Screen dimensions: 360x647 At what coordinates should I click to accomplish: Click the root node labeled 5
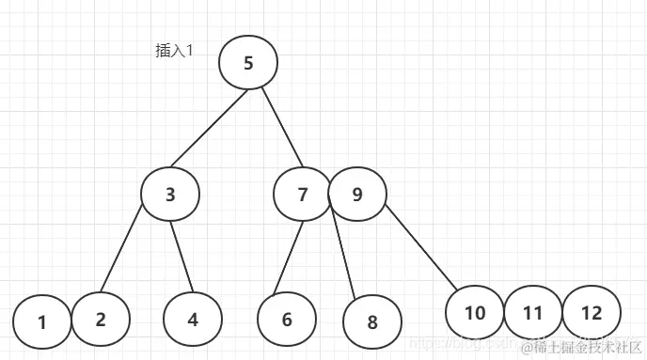248,63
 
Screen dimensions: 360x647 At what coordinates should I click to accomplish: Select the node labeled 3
170,195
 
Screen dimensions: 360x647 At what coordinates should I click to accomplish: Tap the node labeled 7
302,195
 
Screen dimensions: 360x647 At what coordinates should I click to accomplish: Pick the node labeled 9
356,195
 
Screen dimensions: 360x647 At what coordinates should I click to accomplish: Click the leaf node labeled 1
42,322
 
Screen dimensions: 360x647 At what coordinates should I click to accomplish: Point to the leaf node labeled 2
100,317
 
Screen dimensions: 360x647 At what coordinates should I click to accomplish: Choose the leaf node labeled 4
192,319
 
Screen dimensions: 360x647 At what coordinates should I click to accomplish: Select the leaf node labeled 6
287,319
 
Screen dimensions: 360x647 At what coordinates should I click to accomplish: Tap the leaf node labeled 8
371,322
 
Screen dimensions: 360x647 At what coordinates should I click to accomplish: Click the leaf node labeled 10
475,312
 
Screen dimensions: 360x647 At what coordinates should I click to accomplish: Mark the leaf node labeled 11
533,312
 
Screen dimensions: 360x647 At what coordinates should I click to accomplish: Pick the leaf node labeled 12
591,312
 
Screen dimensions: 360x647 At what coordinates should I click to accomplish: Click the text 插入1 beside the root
174,51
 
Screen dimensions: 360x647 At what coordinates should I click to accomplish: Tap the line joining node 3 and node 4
181,254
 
